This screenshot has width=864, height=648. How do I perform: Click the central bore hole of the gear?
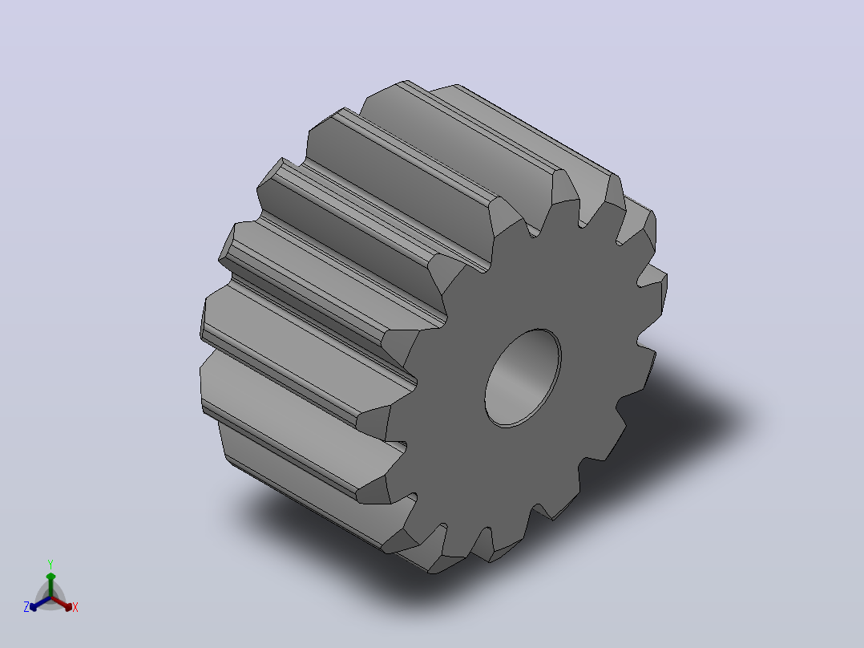tap(523, 379)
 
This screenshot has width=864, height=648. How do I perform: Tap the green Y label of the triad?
tap(50, 564)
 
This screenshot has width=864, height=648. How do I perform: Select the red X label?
tap(75, 607)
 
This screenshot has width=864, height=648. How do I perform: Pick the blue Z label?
tap(26, 606)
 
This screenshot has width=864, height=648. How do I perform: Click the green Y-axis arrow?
tap(50, 585)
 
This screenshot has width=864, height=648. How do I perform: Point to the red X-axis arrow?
tap(62, 603)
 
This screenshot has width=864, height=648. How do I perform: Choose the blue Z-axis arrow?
tap(40, 603)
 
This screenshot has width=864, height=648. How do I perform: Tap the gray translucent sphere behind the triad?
tap(50, 597)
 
